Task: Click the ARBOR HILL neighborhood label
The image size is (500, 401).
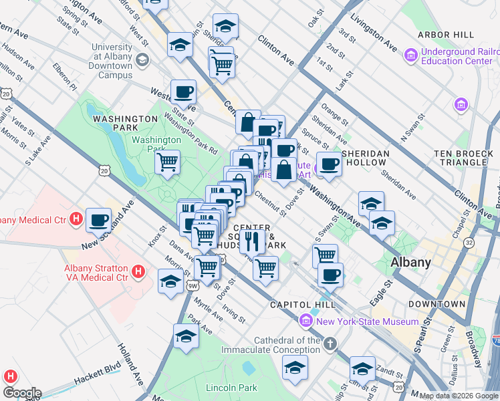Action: click(445, 35)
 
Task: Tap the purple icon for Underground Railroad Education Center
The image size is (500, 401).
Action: click(410, 53)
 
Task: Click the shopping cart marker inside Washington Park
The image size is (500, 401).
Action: click(167, 161)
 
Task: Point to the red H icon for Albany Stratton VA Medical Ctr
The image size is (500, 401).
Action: click(138, 271)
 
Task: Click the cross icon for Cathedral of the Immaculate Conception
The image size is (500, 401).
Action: click(330, 344)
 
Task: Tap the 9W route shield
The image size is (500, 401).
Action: click(193, 286)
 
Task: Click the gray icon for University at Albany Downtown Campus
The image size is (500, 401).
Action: click(142, 61)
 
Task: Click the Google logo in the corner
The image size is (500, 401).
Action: click(22, 393)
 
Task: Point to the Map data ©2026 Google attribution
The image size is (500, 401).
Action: click(458, 396)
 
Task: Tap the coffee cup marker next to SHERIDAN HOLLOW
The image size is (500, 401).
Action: click(328, 164)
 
